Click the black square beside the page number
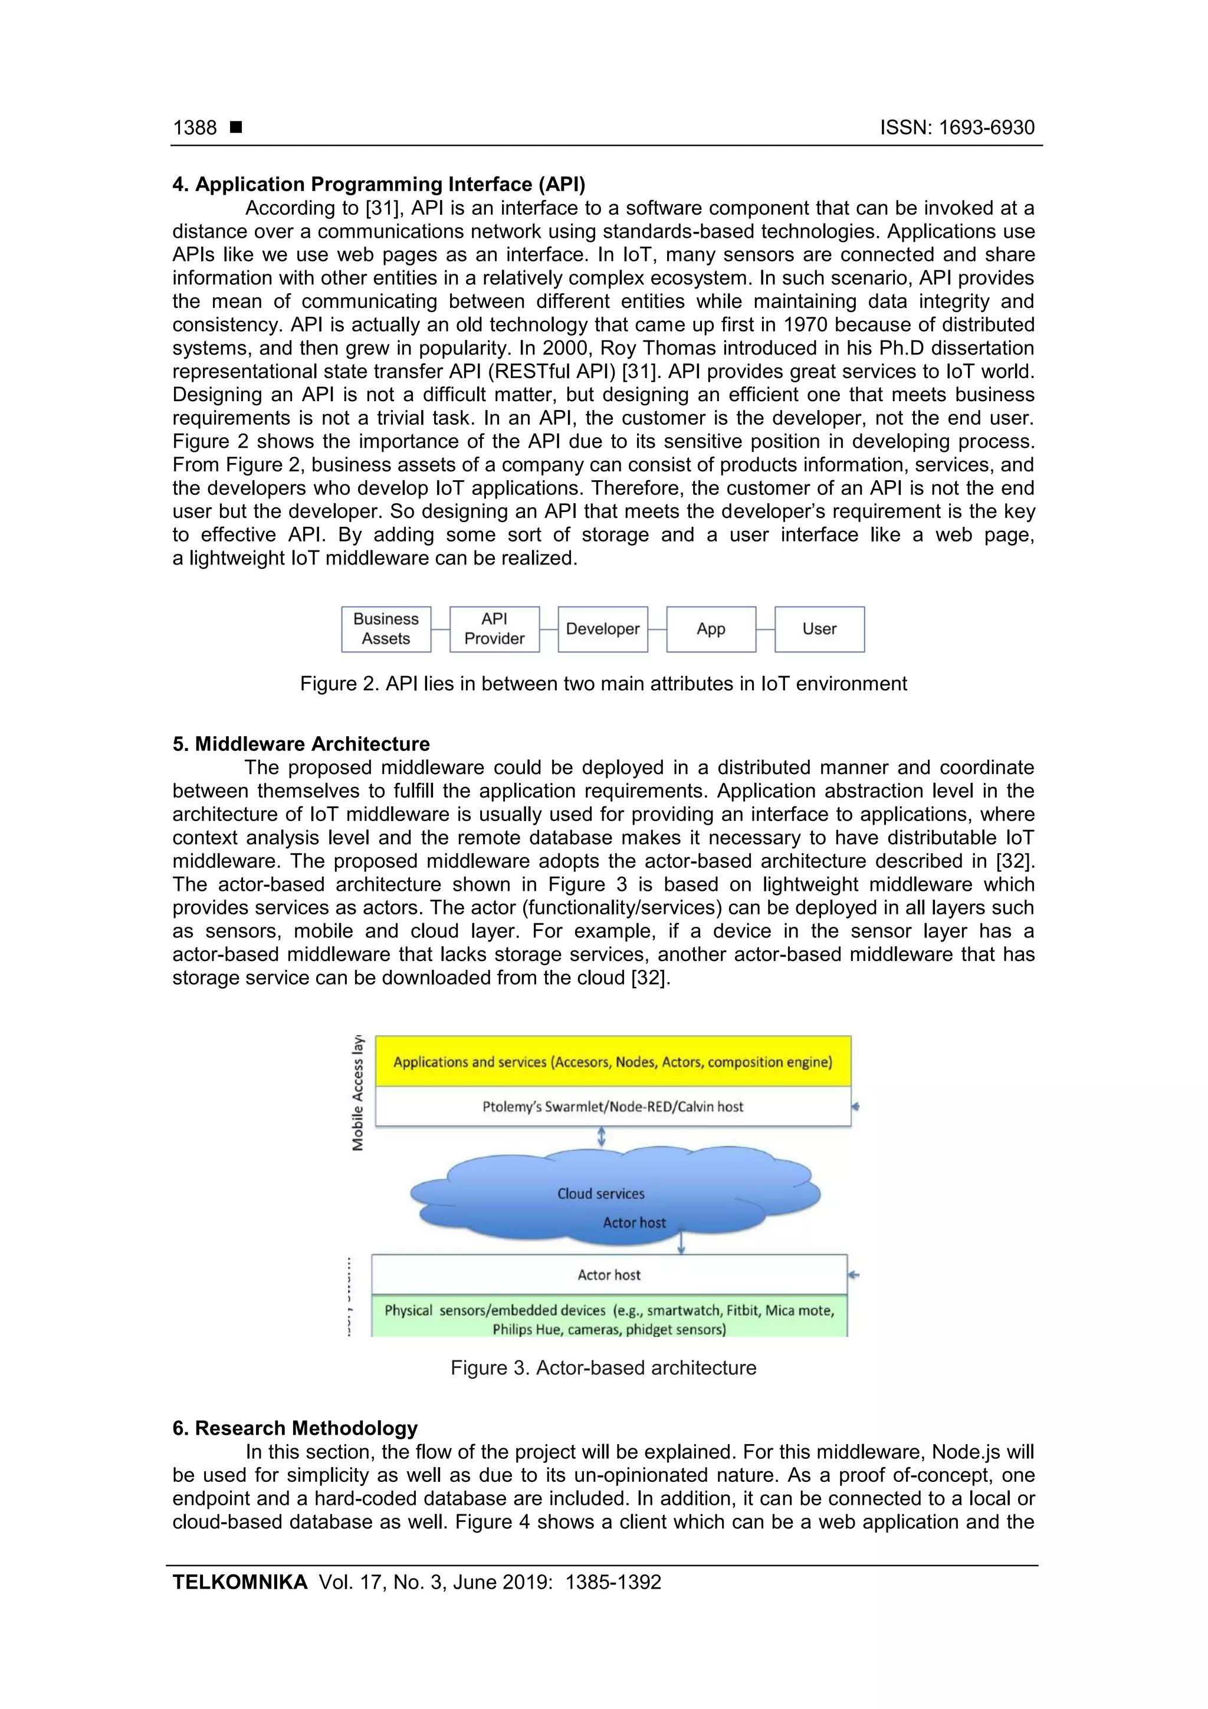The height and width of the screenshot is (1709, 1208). click(236, 127)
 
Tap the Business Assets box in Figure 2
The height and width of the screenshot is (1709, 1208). click(386, 629)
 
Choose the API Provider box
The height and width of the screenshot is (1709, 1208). click(494, 629)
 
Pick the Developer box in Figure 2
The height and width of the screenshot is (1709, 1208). click(602, 629)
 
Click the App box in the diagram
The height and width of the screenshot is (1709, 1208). click(711, 629)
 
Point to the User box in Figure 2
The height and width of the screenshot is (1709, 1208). click(819, 629)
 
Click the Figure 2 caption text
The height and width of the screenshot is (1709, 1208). click(603, 683)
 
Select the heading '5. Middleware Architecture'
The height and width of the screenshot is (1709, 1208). click(301, 743)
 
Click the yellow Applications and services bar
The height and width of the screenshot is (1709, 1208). click(613, 1061)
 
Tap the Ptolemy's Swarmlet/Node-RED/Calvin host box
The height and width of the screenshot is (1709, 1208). click(613, 1106)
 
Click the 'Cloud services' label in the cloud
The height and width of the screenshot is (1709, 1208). click(600, 1193)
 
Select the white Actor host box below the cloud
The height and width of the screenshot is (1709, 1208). click(609, 1275)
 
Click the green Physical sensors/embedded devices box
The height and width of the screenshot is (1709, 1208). click(609, 1319)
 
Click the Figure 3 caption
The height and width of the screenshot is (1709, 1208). click(603, 1367)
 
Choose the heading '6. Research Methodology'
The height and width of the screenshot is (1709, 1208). click(295, 1428)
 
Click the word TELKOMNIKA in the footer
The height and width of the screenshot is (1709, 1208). click(239, 1582)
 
